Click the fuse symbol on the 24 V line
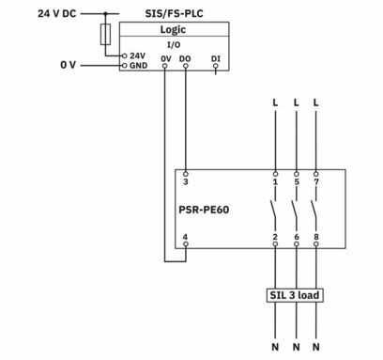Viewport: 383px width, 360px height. [105, 34]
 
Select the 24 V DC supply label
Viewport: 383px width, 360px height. [57, 13]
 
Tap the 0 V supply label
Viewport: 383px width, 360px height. [68, 65]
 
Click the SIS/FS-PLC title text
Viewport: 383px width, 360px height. [174, 13]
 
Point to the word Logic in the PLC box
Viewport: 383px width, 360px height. [173, 30]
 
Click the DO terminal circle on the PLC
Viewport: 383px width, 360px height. [186, 66]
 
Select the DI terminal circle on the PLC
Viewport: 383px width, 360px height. [215, 66]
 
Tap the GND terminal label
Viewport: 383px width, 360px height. [139, 66]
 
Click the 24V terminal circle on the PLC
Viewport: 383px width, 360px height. [124, 56]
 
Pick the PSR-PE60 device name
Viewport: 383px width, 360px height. [204, 210]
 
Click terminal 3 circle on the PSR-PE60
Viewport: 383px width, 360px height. [186, 174]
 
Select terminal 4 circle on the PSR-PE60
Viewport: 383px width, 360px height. [186, 244]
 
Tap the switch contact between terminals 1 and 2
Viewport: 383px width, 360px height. [273, 211]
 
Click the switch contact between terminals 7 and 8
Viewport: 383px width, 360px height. [314, 211]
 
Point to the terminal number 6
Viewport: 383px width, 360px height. [297, 237]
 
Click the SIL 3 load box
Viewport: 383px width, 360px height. [295, 295]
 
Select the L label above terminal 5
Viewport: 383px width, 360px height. [296, 102]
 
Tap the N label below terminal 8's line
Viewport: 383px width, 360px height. [316, 347]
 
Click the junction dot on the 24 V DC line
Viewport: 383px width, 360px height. [105, 14]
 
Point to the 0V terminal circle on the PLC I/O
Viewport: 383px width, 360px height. [165, 66]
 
